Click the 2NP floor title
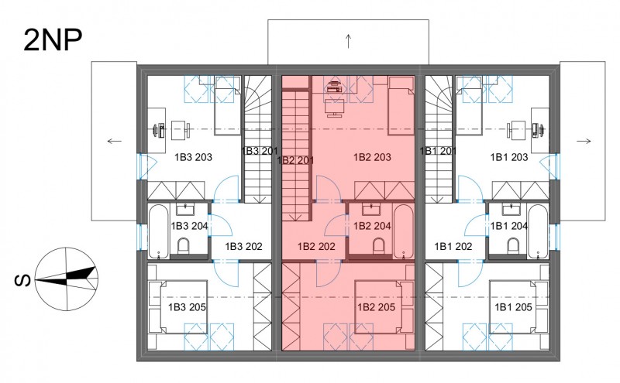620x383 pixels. tap(53, 41)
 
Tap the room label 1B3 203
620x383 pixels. tap(193, 157)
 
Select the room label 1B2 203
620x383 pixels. tap(372, 157)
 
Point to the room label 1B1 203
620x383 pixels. tap(509, 157)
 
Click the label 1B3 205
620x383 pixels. tap(187, 307)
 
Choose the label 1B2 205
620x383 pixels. tap(376, 307)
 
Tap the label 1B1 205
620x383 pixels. tap(513, 307)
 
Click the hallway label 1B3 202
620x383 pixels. tap(243, 246)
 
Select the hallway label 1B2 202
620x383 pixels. tap(316, 246)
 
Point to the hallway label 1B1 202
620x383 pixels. tap(453, 246)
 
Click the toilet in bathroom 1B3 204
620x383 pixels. tap(184, 246)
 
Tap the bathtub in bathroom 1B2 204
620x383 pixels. tap(404, 231)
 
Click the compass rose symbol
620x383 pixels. tap(67, 279)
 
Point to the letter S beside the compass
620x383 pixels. tap(22, 280)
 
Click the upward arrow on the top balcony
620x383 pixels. tap(348, 41)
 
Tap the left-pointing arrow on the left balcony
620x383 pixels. tap(115, 141)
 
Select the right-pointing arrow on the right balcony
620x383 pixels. tap(584, 141)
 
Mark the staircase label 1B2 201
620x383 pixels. tap(296, 161)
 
